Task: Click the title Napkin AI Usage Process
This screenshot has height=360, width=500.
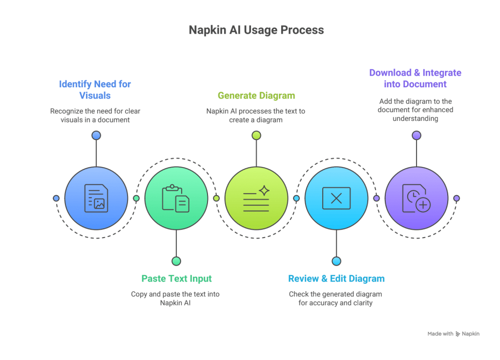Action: tap(256, 30)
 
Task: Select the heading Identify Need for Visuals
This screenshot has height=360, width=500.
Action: tap(95, 90)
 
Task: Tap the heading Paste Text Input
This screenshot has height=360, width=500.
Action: tap(176, 279)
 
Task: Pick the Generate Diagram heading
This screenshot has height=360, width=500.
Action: tap(256, 96)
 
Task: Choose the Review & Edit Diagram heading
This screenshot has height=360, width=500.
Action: tap(336, 279)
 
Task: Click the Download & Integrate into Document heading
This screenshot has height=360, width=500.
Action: tap(415, 79)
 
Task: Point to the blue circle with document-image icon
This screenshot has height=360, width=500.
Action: tap(96, 198)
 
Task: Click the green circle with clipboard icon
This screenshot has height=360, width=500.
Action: tap(176, 198)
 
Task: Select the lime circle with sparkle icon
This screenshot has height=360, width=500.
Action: tap(256, 198)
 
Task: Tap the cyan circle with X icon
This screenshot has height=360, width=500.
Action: tap(336, 198)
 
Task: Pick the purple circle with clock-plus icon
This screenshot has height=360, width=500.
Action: tap(416, 198)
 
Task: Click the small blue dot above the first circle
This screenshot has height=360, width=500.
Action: tap(96, 135)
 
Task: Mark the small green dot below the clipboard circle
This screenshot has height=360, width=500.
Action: tap(176, 261)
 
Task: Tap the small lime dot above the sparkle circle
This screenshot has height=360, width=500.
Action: tap(256, 135)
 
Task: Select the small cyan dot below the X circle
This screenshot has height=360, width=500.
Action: tap(336, 261)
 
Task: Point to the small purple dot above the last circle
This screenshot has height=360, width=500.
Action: tap(416, 135)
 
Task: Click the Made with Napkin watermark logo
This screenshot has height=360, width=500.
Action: tap(454, 334)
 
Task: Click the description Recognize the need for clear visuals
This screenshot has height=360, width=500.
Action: tap(95, 115)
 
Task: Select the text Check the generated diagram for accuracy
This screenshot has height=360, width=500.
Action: tap(335, 299)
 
